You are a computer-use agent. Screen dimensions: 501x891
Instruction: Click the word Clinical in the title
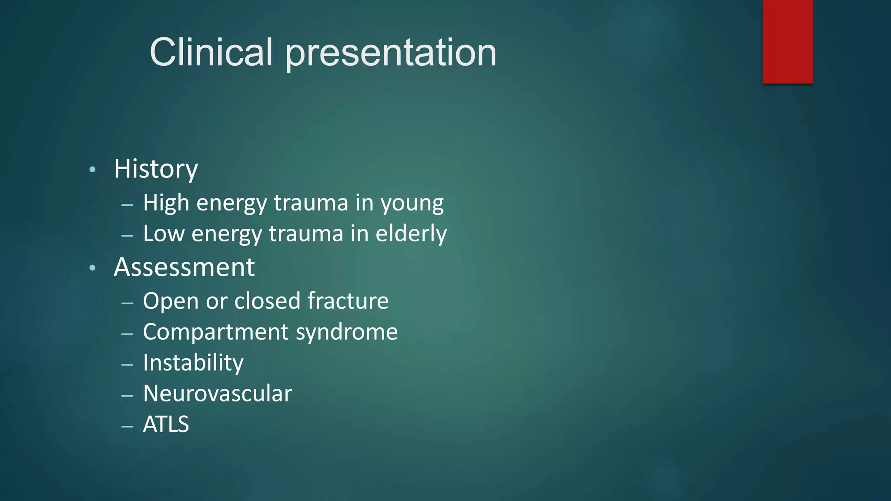click(x=211, y=52)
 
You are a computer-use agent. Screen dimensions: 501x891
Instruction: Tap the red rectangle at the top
click(x=787, y=42)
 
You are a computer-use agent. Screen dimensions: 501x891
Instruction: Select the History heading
click(x=156, y=169)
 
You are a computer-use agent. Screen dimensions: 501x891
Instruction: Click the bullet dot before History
click(x=92, y=170)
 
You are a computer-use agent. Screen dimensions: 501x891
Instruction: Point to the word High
click(x=166, y=203)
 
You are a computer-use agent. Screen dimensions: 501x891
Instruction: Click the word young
click(x=412, y=204)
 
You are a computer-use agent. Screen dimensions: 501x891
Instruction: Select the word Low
click(x=164, y=234)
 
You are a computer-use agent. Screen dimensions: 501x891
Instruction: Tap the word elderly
click(x=411, y=234)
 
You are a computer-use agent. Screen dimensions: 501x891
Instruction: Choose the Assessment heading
click(x=184, y=267)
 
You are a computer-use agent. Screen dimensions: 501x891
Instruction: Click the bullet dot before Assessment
click(x=92, y=268)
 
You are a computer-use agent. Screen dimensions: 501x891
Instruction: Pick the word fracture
click(x=348, y=301)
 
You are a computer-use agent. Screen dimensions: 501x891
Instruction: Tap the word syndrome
click(x=347, y=333)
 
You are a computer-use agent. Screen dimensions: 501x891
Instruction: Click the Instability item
click(x=193, y=363)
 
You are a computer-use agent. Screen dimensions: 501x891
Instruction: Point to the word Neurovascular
click(x=218, y=394)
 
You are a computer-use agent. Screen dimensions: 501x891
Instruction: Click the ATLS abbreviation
click(x=166, y=424)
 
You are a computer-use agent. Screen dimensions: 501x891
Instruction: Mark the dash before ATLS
click(x=127, y=427)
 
